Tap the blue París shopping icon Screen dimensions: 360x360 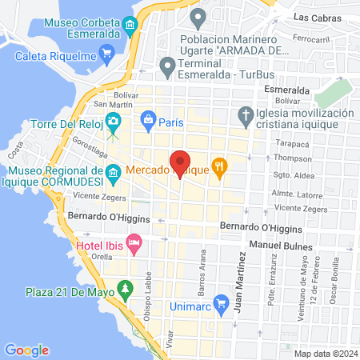click(x=147, y=122)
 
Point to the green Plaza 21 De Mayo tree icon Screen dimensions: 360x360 click(x=125, y=289)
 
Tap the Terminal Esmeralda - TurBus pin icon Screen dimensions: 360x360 click(x=167, y=66)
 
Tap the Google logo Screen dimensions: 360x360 click(x=26, y=350)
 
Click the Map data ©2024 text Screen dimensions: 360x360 click(x=323, y=353)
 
